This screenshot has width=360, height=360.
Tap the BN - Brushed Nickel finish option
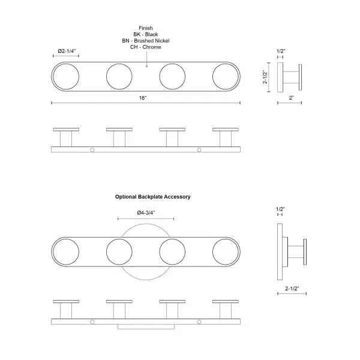145,40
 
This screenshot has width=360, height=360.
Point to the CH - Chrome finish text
145,47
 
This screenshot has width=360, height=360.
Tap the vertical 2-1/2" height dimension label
265,77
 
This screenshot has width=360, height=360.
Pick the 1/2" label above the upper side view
281,52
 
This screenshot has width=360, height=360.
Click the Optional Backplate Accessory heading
152,196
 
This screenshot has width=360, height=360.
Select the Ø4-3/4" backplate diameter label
146,212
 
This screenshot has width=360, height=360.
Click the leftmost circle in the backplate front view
66,252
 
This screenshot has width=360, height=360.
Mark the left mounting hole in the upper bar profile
92,150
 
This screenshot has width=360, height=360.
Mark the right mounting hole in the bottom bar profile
199,323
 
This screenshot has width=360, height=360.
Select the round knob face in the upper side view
301,77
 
